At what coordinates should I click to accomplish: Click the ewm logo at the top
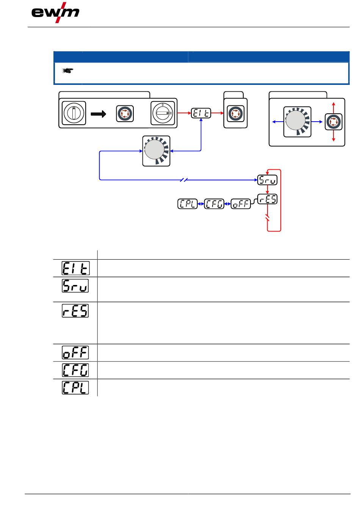(x=55, y=13)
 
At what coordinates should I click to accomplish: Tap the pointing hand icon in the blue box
(x=67, y=70)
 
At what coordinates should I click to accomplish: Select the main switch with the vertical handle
(x=74, y=113)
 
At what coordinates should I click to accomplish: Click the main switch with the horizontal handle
(x=163, y=113)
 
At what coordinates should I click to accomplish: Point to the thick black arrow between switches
(x=99, y=114)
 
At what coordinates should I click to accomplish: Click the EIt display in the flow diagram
(x=201, y=113)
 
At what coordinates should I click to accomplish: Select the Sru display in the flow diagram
(x=267, y=180)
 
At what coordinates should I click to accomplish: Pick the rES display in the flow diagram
(x=267, y=199)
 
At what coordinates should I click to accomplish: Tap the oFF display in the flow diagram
(x=241, y=204)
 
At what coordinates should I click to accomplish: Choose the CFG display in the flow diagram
(x=214, y=204)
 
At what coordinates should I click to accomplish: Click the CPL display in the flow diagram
(x=188, y=204)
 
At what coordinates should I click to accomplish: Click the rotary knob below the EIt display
(x=157, y=151)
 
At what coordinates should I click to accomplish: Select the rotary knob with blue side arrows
(x=297, y=122)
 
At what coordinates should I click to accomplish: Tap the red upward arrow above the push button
(x=333, y=108)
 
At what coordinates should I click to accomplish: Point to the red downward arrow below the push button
(x=333, y=136)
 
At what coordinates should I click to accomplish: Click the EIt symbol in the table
(x=76, y=268)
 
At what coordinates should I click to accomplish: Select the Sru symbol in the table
(x=75, y=286)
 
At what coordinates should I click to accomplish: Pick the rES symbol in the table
(x=75, y=311)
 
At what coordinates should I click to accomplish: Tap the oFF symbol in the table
(x=75, y=352)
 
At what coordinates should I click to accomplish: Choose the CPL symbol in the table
(x=75, y=388)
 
